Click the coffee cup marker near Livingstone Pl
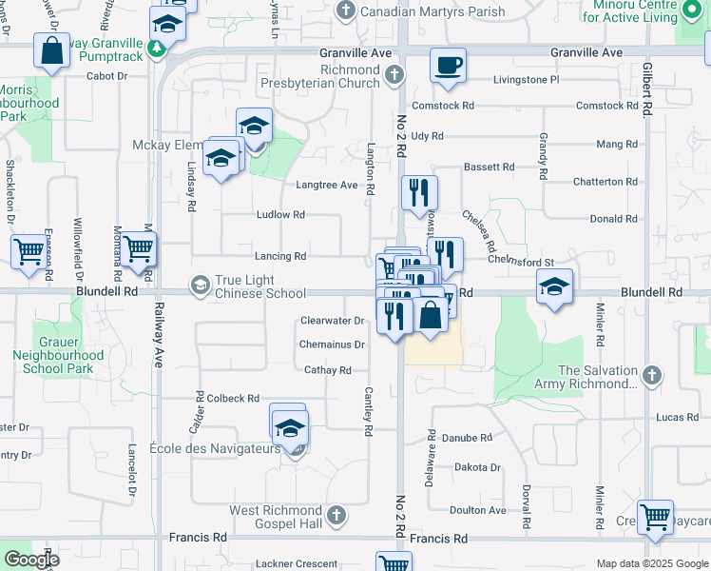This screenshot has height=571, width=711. point(448,66)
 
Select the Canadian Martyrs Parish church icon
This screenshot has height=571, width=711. point(344,11)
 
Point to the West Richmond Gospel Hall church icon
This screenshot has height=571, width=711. point(335,515)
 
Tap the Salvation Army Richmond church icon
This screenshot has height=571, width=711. point(651,376)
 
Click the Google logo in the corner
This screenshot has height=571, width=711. point(30,559)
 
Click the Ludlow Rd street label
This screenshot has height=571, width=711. point(280,215)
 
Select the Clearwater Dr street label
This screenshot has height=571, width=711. point(333,322)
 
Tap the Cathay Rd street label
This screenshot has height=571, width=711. point(328,370)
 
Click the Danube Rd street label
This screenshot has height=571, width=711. point(472,438)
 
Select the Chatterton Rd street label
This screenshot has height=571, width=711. point(605,181)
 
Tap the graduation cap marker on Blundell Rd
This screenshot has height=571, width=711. point(554,286)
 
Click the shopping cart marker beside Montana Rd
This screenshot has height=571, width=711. point(140,249)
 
